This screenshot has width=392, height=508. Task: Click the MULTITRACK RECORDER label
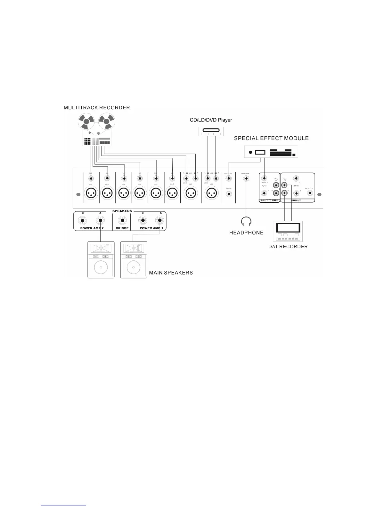[x=97, y=108]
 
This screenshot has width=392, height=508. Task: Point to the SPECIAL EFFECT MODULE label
[x=271, y=139]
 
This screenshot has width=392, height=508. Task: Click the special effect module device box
[x=271, y=152]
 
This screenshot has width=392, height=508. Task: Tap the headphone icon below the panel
[x=246, y=221]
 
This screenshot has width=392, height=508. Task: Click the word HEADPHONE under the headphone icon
[x=246, y=233]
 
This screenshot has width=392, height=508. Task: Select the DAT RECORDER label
[x=288, y=247]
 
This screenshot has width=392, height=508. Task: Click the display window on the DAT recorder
[x=288, y=227]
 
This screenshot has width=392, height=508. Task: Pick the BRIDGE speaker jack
[x=122, y=221]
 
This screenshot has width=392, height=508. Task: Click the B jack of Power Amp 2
[x=83, y=221]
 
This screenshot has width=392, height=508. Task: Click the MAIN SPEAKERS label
[x=171, y=273]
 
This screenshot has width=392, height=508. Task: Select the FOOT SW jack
[x=228, y=194]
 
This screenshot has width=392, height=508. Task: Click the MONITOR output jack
[x=309, y=193]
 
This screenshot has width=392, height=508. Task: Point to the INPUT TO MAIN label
[x=269, y=200]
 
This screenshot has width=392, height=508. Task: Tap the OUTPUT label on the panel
[x=296, y=200]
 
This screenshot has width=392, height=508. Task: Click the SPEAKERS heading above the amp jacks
[x=122, y=211]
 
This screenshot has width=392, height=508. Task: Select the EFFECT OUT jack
[x=228, y=178]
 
